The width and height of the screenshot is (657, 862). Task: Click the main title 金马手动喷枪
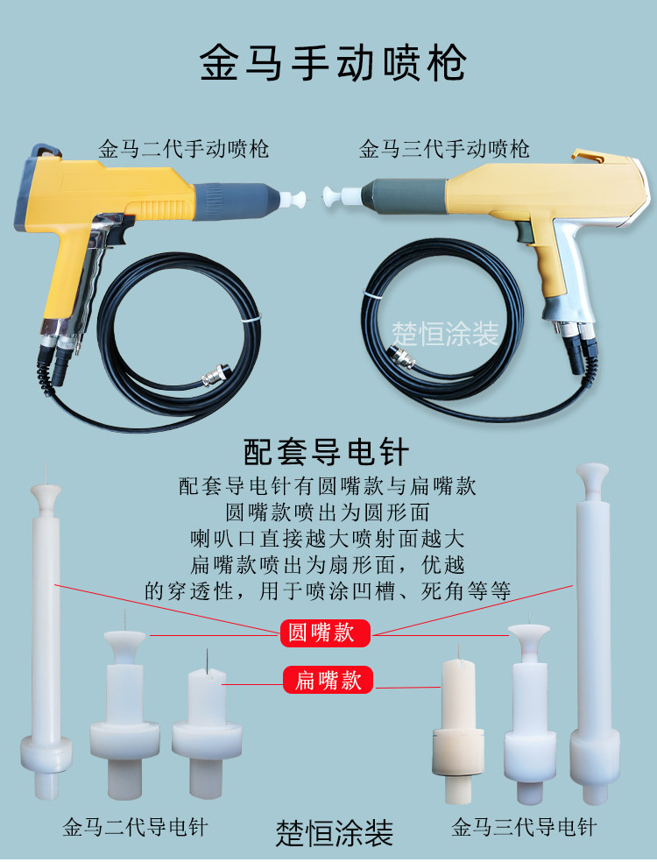click(333, 62)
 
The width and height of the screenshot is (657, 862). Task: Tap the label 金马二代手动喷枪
click(183, 148)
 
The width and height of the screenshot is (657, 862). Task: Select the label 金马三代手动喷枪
click(443, 148)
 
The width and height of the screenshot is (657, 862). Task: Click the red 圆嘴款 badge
click(326, 632)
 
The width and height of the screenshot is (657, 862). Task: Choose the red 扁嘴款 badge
click(328, 680)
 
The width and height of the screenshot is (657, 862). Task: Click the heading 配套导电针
click(326, 452)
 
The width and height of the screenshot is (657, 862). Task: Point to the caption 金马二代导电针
click(135, 827)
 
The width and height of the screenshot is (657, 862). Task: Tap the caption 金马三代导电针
click(524, 827)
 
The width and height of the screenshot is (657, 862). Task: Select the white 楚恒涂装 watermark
click(445, 334)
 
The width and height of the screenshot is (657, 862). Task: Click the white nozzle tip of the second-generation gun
click(293, 199)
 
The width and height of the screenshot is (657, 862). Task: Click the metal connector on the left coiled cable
click(215, 374)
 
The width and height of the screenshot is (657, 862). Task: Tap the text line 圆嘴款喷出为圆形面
click(328, 512)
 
